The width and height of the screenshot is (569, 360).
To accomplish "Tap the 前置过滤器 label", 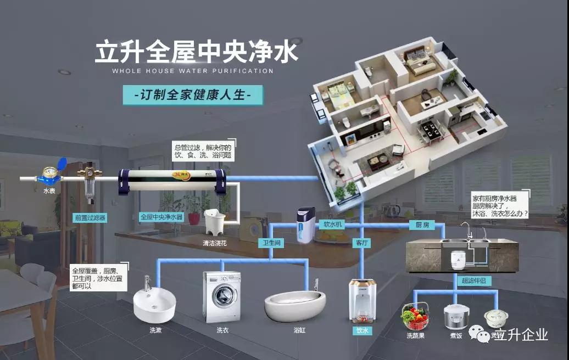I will coord(90,217).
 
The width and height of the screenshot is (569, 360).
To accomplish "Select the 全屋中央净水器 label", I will coord(161,217).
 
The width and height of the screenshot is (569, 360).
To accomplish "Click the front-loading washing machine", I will coord(222,296).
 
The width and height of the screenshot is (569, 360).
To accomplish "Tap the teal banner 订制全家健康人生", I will coord(193,95).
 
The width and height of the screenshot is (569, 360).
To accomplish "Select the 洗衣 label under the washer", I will coord(222,330).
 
